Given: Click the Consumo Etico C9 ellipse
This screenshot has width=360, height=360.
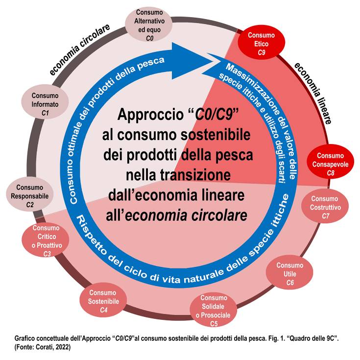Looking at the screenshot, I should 261,44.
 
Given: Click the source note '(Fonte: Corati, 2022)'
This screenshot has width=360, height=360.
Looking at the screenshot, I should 43,347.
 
